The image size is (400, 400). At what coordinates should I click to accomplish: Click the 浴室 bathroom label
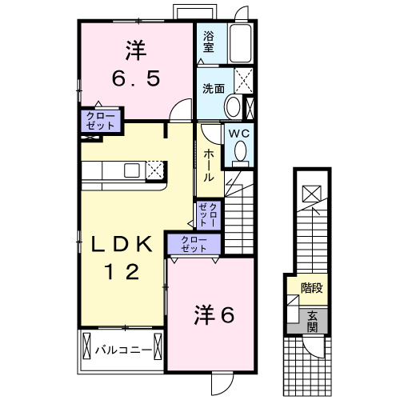208,41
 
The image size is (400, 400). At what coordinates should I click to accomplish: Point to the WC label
239,134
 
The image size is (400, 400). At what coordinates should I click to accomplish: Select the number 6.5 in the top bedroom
135,79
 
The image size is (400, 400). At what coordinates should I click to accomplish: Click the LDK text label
122,243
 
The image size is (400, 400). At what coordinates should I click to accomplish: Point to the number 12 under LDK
123,272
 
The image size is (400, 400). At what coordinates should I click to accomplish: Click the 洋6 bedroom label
214,316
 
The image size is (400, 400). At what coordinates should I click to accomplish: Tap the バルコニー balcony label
123,349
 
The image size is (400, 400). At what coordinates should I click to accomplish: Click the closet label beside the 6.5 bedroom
100,121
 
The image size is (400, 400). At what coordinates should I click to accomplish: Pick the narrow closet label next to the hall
206,213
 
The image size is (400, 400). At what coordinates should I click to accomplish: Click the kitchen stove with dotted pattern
154,170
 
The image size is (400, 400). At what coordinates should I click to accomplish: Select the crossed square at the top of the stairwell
312,193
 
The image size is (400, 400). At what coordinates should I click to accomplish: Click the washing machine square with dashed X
245,80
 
